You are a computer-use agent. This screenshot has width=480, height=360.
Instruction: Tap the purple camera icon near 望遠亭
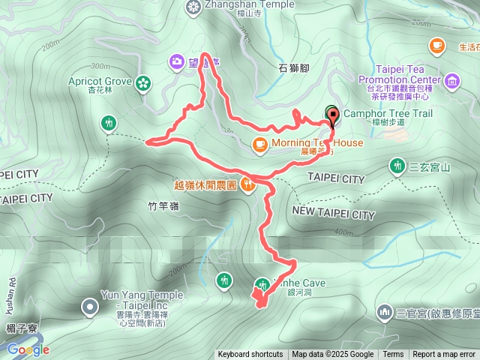(177, 61)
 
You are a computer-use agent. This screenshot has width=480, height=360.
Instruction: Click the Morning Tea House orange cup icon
(259, 143)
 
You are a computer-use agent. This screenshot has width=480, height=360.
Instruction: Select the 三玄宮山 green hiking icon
(396, 165)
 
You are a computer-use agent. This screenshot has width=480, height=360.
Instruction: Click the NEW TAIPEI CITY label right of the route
(333, 214)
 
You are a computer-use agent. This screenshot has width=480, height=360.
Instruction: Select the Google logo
(28, 349)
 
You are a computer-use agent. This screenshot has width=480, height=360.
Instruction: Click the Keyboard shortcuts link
(250, 355)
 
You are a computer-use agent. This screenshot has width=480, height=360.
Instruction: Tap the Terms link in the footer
(393, 355)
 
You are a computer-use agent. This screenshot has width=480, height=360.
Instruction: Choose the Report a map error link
(444, 355)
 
